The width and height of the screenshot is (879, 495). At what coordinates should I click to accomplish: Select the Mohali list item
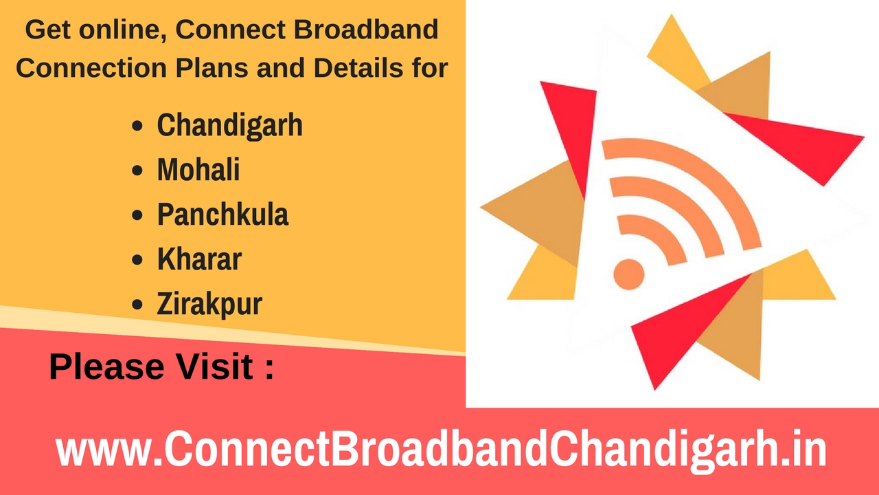click(x=198, y=170)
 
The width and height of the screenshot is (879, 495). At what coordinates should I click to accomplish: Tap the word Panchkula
click(x=223, y=214)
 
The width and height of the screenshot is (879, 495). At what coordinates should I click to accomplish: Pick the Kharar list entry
click(x=199, y=259)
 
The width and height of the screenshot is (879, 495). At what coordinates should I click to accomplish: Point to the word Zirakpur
click(x=209, y=304)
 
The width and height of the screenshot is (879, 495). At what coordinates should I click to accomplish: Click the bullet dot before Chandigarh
click(x=137, y=126)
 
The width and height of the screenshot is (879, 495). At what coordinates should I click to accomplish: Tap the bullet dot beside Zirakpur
click(x=137, y=305)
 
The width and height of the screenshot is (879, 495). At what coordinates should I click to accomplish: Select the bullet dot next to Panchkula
click(x=137, y=215)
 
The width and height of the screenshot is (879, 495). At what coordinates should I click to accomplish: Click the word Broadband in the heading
click(x=366, y=29)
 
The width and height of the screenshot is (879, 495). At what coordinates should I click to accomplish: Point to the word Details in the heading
click(x=358, y=67)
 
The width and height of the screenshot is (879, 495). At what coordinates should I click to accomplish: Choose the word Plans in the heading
click(x=212, y=67)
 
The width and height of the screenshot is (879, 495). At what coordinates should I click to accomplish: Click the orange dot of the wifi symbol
click(x=629, y=274)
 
